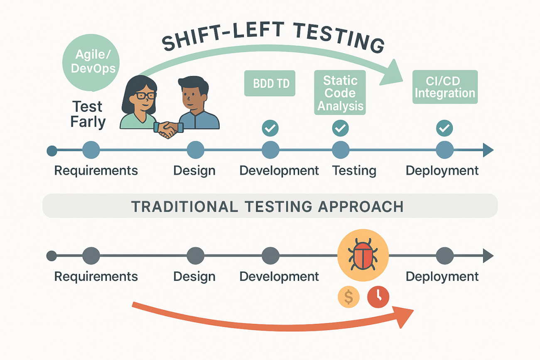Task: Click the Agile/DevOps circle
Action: [x=91, y=63]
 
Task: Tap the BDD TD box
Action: [x=270, y=83]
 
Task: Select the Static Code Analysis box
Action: [x=340, y=93]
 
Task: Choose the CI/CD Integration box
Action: [x=445, y=87]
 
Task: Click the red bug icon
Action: [x=363, y=255]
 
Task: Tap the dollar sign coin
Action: [x=349, y=297]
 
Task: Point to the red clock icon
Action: [x=378, y=297]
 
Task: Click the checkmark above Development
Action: [x=270, y=128]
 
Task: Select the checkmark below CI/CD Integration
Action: [x=444, y=128]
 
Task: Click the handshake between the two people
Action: [x=169, y=130]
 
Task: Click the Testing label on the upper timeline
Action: [x=354, y=171]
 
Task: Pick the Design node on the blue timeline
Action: [x=196, y=150]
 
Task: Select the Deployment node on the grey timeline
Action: [x=445, y=256]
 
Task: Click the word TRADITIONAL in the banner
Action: [x=183, y=206]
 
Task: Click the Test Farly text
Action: [x=88, y=114]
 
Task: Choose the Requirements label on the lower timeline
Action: [x=96, y=277]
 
